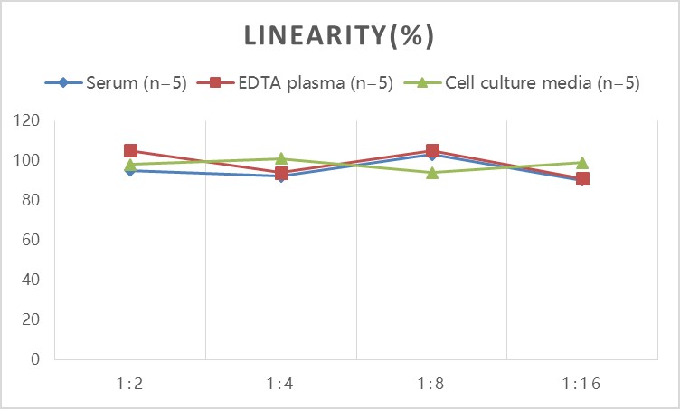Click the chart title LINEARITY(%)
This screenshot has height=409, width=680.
click(x=339, y=35)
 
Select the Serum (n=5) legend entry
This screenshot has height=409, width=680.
click(x=116, y=82)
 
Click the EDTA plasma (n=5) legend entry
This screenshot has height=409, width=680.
click(x=295, y=82)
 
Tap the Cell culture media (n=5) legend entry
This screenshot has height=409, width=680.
click(x=522, y=82)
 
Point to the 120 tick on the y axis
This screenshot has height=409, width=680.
click(x=26, y=120)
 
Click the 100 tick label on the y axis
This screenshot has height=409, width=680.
click(x=26, y=160)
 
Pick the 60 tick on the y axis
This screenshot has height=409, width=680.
click(x=31, y=240)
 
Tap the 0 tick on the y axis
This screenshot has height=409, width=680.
click(x=35, y=359)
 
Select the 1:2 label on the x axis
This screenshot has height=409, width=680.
click(x=129, y=384)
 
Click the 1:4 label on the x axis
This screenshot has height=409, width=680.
click(x=280, y=384)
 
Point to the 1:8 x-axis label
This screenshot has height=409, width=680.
click(x=431, y=384)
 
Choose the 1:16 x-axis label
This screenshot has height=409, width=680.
click(x=581, y=384)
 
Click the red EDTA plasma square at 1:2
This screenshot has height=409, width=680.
click(x=130, y=151)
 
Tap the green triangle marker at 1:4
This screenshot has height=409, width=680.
click(x=281, y=158)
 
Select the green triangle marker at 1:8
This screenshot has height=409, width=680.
click(x=432, y=173)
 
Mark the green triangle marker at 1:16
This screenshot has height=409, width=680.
click(x=582, y=163)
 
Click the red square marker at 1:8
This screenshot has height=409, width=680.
click(x=432, y=151)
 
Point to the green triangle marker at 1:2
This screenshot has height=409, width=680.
click(x=130, y=165)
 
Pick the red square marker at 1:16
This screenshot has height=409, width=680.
click(x=583, y=179)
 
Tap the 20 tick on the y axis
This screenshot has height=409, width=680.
click(x=31, y=319)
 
